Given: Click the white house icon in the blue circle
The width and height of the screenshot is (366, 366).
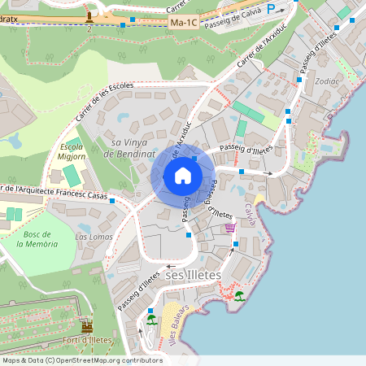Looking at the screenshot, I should (182, 175).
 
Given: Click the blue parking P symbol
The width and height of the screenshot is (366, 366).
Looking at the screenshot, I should (282, 9).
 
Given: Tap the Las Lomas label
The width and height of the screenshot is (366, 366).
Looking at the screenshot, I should (94, 237).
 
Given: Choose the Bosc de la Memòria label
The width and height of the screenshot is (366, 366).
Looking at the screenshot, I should (40, 238).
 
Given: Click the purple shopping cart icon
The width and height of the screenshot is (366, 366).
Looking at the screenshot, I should (230, 228).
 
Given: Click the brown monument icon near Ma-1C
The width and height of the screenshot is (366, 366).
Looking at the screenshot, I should (89, 15).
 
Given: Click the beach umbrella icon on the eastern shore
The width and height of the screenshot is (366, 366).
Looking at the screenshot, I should (239, 295).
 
